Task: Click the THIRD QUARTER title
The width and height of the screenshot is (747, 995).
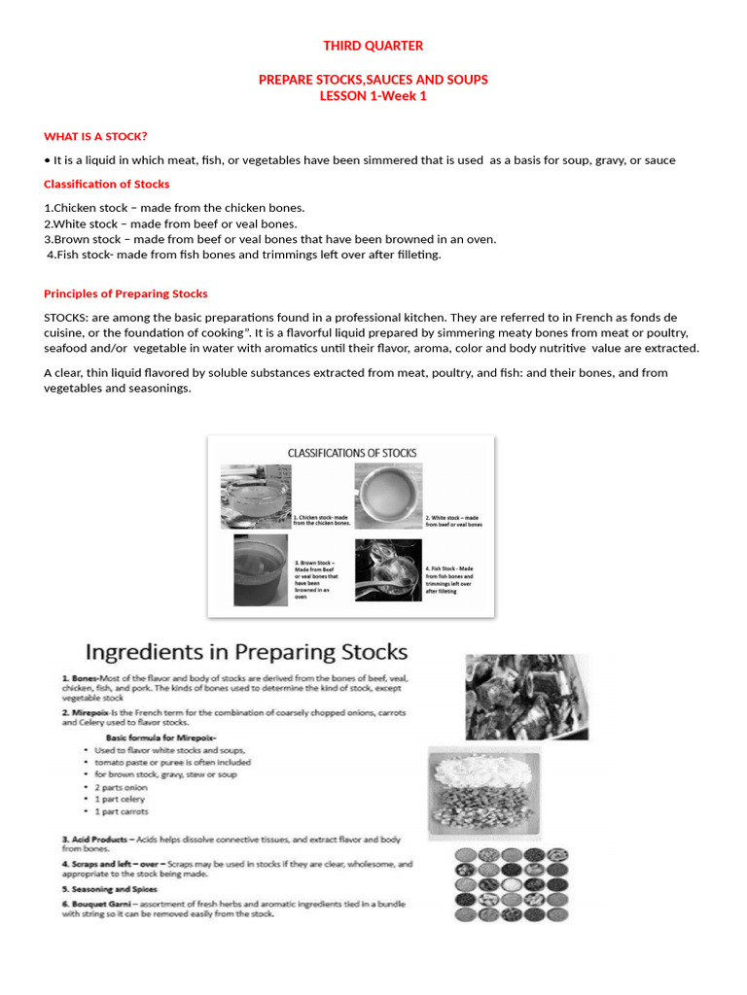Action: (373, 46)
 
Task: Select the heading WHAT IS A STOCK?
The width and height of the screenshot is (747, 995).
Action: (95, 136)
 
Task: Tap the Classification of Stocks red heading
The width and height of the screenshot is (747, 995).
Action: (107, 184)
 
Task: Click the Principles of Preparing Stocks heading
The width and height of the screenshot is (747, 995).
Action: (125, 293)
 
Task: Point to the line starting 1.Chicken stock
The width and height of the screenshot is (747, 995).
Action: (174, 208)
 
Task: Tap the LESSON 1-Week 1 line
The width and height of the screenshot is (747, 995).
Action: (373, 95)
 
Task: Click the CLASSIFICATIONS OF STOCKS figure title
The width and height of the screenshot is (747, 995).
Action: (351, 453)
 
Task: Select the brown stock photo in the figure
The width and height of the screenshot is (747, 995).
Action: (260, 569)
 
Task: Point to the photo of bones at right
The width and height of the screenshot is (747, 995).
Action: (526, 696)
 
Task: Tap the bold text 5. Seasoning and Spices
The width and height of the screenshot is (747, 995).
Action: (109, 889)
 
